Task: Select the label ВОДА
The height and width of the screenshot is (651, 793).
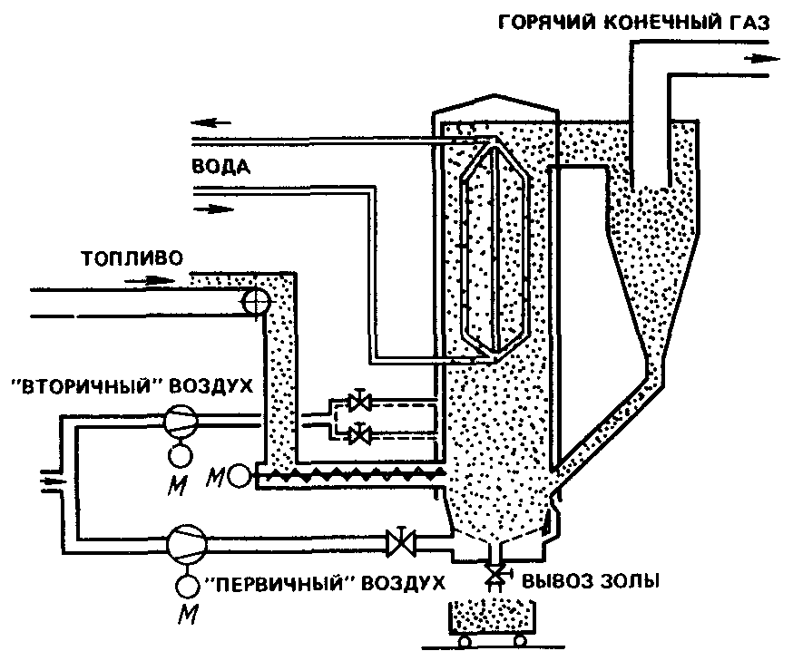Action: click(221, 166)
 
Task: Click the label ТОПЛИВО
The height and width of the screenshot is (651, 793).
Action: click(132, 258)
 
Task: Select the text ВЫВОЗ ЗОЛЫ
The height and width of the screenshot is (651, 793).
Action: click(591, 582)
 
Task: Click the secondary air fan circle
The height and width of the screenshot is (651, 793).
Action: click(181, 420)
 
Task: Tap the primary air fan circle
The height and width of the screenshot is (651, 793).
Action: click(187, 544)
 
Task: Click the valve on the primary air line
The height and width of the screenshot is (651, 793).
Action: click(401, 543)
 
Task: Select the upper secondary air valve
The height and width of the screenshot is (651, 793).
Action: click(359, 402)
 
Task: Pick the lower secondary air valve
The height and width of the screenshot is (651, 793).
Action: click(359, 433)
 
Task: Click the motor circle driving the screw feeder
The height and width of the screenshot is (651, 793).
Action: click(240, 476)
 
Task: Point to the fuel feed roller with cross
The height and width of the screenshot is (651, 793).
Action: click(254, 302)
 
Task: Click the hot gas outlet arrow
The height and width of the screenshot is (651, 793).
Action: click(761, 59)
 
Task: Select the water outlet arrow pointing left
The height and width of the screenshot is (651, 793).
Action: click(210, 122)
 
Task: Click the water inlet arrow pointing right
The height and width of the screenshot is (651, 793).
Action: click(214, 209)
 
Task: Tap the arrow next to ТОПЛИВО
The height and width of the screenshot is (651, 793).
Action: click(150, 279)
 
